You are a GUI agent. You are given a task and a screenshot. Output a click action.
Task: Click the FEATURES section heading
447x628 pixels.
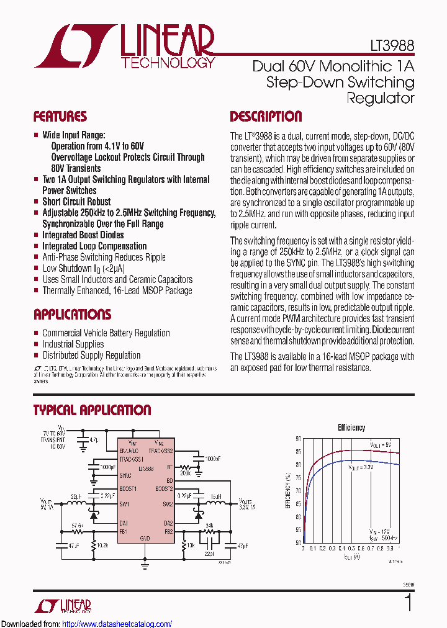60,117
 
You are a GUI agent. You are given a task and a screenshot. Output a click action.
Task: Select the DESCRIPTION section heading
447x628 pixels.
266,117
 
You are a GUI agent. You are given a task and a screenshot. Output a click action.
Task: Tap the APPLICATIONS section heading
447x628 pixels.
72,315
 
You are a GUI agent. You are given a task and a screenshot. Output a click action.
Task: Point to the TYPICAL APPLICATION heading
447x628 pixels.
92,410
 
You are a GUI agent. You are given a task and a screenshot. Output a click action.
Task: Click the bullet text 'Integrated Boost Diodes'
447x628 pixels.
83,235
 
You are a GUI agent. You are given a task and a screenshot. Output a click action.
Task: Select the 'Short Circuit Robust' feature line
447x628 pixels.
76,202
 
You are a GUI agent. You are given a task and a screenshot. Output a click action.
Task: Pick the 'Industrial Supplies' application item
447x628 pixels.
73,344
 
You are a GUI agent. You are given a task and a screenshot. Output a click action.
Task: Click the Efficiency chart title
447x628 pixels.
351,428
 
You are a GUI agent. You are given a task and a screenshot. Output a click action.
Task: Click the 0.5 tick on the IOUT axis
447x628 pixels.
351,549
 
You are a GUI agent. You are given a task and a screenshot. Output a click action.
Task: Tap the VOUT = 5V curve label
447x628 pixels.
381,445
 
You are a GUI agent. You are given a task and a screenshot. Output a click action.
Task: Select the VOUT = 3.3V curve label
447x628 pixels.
360,467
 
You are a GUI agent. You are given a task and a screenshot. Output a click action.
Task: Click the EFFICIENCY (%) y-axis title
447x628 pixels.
288,490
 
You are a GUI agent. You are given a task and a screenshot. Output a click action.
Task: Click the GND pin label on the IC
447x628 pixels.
145,538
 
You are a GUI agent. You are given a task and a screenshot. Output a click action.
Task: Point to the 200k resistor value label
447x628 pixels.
184,473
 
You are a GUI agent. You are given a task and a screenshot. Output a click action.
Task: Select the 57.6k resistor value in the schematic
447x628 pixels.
77,525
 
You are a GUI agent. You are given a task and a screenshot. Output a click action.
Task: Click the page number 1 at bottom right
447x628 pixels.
408,603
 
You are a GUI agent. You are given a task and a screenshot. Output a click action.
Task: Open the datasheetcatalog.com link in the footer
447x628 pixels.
117,624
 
